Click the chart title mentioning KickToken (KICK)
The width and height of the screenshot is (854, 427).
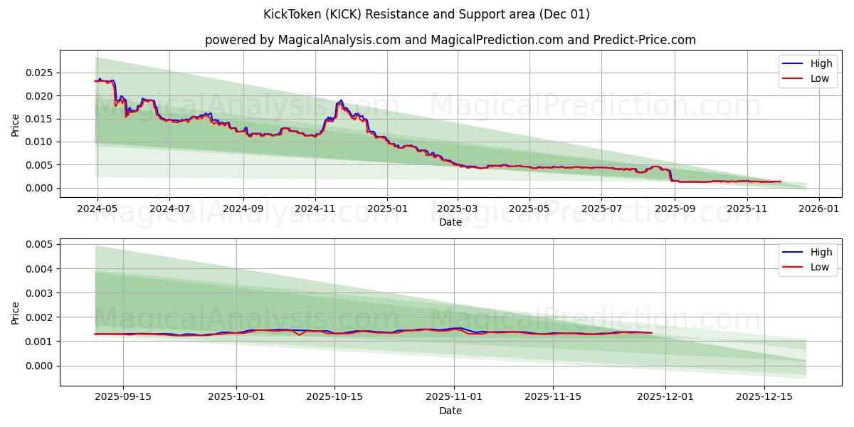pos(426,14)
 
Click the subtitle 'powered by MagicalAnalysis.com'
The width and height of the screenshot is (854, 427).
pos(450,40)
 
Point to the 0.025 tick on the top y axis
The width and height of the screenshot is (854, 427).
pos(39,73)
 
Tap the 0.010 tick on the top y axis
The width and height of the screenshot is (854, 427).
pos(39,142)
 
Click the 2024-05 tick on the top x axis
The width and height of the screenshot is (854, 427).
pos(97,209)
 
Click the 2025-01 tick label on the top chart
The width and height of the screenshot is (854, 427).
pos(387,209)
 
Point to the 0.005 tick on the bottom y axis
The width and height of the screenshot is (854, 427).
pos(39,244)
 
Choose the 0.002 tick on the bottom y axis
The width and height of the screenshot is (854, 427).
pos(39,317)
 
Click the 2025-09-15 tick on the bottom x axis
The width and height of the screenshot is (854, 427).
pos(123,397)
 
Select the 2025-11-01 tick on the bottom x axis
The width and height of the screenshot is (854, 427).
pos(454,397)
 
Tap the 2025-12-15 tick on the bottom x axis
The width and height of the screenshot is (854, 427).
pos(764,397)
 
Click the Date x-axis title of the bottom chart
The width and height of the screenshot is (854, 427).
pos(450,411)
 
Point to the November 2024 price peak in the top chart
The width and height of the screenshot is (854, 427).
pos(341,100)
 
